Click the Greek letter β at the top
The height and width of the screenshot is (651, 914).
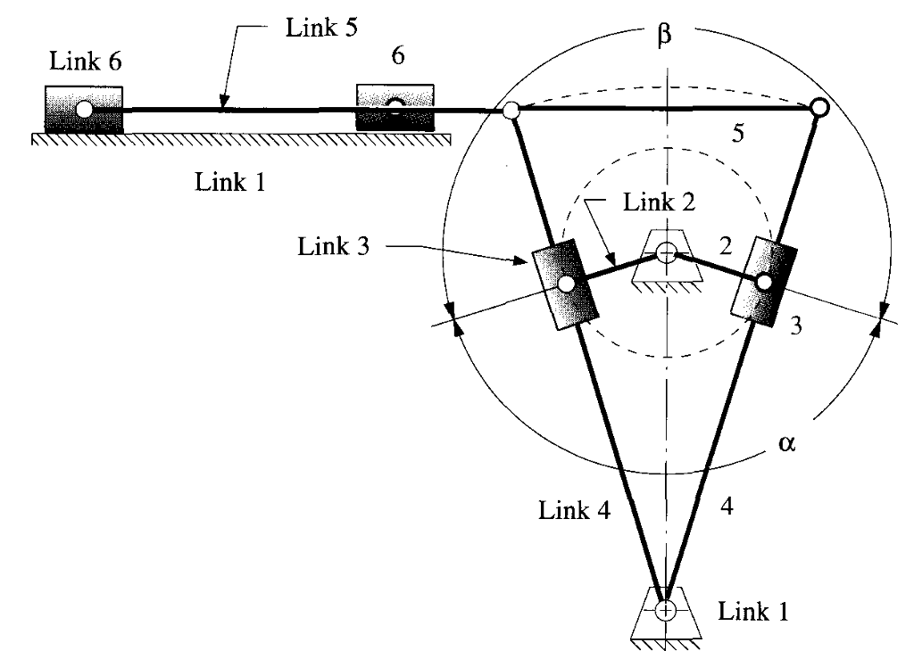[665, 40]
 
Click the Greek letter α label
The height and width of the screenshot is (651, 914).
[786, 443]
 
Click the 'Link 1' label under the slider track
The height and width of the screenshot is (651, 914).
[230, 183]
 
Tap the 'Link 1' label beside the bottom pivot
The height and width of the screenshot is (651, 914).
[754, 612]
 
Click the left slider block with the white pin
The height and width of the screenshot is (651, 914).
[84, 109]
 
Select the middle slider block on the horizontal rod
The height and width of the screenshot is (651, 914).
[395, 107]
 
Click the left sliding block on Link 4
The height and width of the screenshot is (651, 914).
[565, 284]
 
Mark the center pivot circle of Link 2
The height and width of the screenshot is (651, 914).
[665, 252]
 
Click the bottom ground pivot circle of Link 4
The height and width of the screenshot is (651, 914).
[665, 610]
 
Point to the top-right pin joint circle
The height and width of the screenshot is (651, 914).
[818, 108]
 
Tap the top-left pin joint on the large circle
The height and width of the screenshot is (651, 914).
[511, 111]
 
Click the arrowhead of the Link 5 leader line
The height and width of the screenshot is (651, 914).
[223, 106]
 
